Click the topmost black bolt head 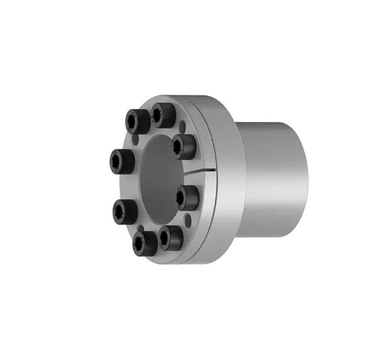click(x=164, y=115)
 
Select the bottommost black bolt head click(x=144, y=242)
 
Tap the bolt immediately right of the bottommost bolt click(x=171, y=238)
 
